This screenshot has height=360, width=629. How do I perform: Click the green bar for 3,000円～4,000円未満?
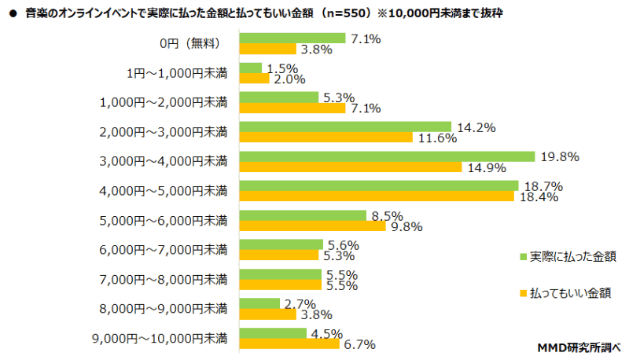click(x=387, y=156)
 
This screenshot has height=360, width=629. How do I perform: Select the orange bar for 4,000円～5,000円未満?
click(x=376, y=197)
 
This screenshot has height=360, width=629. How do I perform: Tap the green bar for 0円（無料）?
click(x=292, y=38)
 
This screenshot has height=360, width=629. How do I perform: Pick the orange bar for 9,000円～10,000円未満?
click(x=289, y=343)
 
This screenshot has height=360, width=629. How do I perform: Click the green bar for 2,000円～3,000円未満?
click(x=344, y=127)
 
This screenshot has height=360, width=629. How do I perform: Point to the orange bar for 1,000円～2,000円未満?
click(x=292, y=108)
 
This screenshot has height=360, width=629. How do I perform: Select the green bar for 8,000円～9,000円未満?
click(x=259, y=303)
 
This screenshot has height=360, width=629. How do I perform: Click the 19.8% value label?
click(x=560, y=157)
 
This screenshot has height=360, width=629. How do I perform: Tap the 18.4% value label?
click(x=538, y=197)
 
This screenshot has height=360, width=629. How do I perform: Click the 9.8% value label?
click(x=406, y=226)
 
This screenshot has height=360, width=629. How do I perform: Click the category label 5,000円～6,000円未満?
click(x=164, y=221)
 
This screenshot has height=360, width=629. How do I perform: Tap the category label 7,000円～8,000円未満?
click(x=164, y=280)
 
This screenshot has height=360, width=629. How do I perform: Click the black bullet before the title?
click(x=13, y=14)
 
